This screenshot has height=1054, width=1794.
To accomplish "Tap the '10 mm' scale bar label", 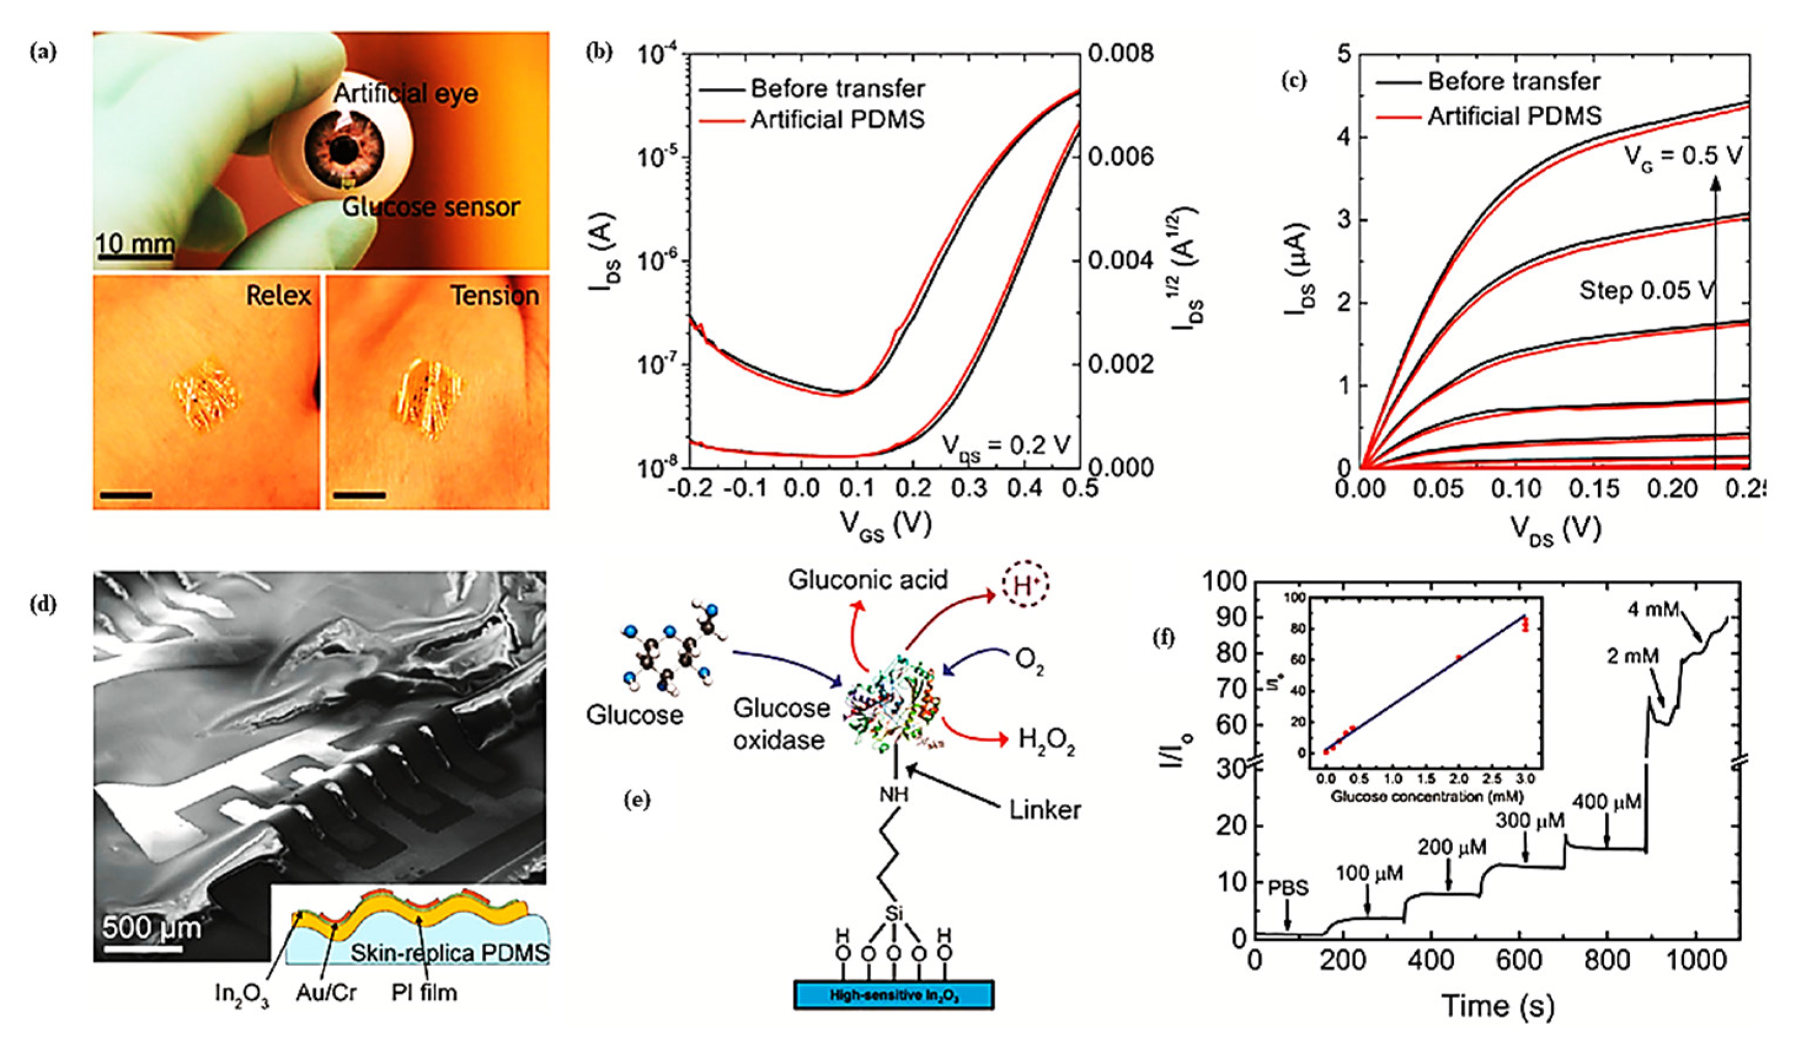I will tap(135, 244).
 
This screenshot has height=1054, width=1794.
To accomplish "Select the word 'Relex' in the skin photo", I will tap(279, 295).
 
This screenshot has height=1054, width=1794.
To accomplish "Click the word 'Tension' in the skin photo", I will tap(495, 295).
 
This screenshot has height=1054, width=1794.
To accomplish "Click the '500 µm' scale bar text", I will tap(151, 927).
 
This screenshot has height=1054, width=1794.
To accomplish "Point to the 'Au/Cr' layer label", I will tap(326, 992).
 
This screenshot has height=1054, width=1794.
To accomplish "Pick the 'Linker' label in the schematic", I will tap(1045, 809).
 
